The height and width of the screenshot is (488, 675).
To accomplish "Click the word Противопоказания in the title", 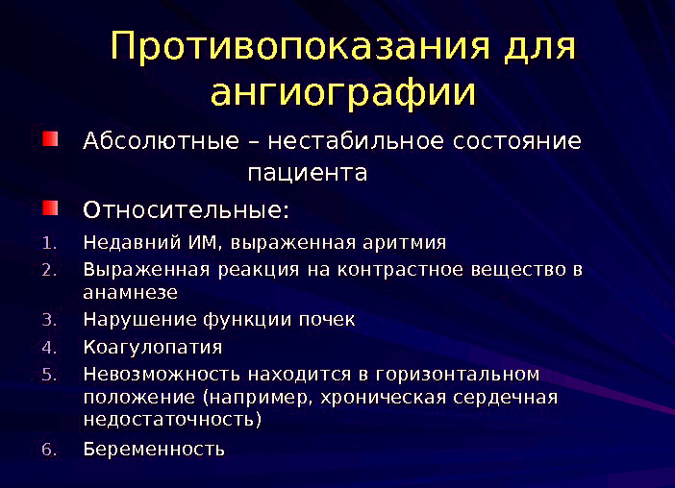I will pos(299,47).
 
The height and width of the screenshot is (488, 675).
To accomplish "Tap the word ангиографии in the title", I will pos(342,94).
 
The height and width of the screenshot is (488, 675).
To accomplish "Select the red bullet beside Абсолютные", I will pos(50,140).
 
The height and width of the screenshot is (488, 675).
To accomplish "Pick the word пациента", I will pos(308,174).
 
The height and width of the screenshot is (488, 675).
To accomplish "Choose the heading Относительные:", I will pos(187,209).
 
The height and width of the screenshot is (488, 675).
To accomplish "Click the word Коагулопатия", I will pos(153,347).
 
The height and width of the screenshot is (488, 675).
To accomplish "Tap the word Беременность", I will pos(154,449).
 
